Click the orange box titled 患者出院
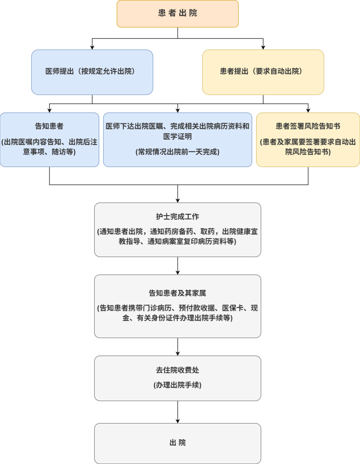click(177, 13)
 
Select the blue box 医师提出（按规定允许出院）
click(92, 72)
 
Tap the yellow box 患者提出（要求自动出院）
click(263, 72)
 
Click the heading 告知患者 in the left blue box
click(49, 126)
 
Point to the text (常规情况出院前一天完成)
click(177, 152)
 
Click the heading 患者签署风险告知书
click(308, 126)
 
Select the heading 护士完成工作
click(177, 216)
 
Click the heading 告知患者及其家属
click(177, 293)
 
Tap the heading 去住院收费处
click(177, 370)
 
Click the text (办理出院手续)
click(177, 385)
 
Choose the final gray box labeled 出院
click(177, 443)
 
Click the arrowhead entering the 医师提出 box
click(92, 47)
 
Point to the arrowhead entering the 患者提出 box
click(263, 47)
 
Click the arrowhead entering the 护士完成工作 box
click(178, 200)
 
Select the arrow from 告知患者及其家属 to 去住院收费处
click(178, 347)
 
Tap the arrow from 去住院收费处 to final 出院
click(178, 412)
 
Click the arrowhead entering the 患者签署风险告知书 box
click(308, 110)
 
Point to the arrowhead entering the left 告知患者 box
click(49, 110)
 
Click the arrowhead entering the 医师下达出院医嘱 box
click(178, 110)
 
